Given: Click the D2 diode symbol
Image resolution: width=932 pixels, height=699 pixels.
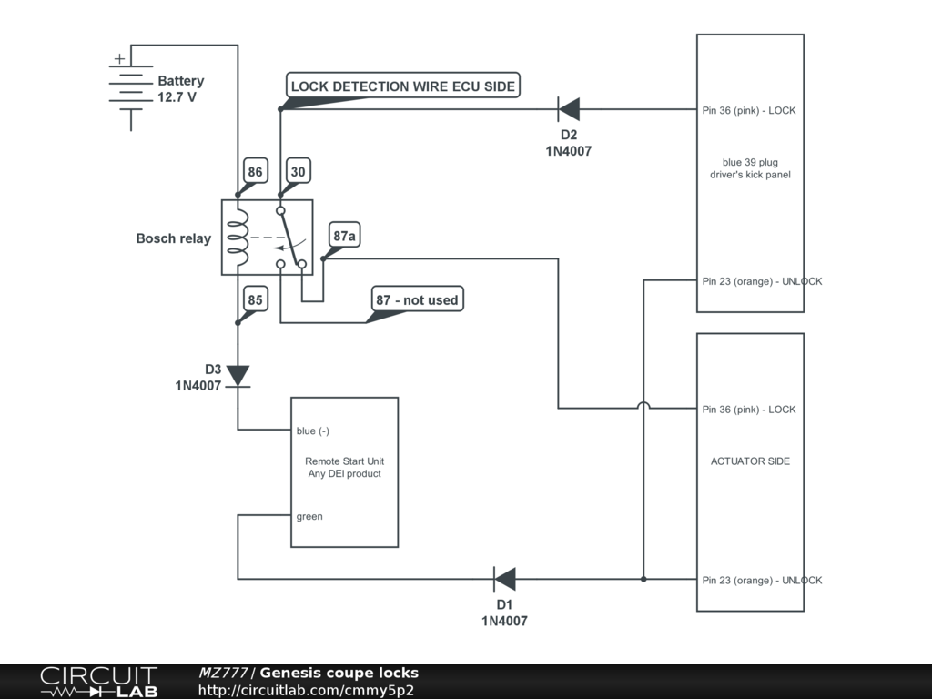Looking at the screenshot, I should (569, 110).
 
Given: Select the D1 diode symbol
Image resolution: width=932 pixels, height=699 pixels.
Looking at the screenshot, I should (504, 579).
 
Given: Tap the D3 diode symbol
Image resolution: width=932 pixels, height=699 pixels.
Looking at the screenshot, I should (238, 375).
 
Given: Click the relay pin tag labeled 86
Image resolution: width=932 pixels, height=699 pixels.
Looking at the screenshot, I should (255, 171).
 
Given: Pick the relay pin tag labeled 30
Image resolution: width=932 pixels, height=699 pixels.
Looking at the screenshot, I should (298, 171).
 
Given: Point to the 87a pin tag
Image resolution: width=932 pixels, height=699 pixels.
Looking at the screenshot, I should (345, 237).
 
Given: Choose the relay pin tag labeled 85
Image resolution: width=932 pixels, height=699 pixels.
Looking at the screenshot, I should (255, 299).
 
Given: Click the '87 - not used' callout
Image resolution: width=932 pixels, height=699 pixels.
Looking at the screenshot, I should (418, 299).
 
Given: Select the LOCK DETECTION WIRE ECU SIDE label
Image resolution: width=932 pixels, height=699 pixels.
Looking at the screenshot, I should (403, 86).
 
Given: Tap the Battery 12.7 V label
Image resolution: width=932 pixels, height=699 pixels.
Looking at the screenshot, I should (180, 88).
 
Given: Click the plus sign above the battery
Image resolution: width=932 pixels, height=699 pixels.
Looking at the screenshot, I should (119, 59).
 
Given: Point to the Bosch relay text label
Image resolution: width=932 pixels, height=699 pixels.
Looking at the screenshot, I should (173, 238).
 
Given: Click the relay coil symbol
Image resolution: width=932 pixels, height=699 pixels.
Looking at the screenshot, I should (238, 238).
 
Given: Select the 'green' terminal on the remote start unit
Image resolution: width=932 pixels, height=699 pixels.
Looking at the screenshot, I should (309, 516).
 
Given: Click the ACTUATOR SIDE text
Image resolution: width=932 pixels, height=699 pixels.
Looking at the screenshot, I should (750, 461).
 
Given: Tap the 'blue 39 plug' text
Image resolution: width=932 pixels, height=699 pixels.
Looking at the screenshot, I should (750, 162).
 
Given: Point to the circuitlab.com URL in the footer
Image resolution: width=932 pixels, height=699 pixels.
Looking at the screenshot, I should (306, 690).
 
